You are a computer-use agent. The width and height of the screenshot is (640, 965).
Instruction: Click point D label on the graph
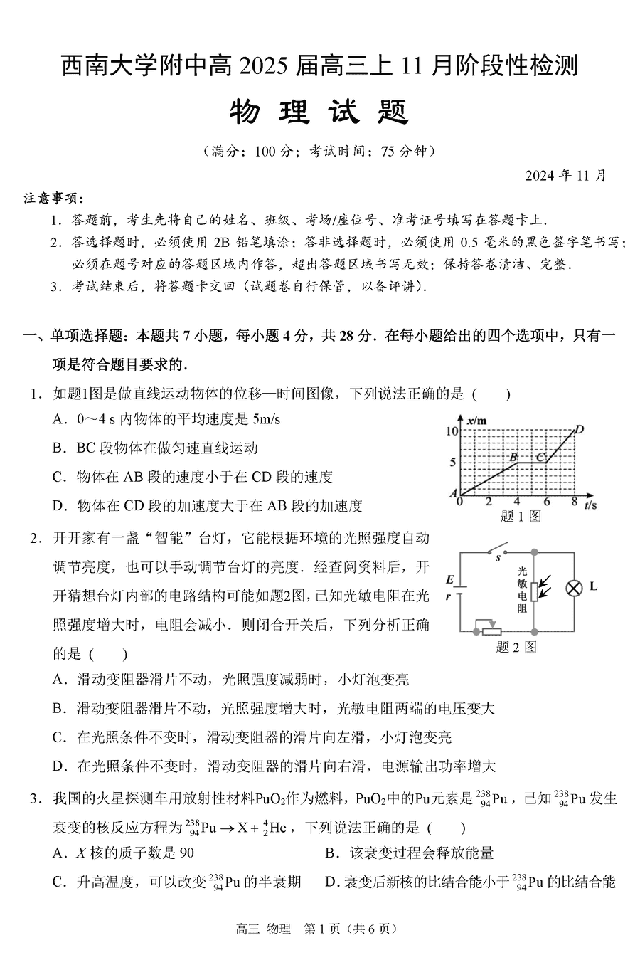580,429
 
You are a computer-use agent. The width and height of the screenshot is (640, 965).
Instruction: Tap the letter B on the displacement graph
513,455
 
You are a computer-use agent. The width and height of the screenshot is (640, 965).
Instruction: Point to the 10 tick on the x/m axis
452,431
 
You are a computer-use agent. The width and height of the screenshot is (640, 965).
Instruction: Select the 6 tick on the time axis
546,502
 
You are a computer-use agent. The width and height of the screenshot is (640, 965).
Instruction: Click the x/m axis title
476,421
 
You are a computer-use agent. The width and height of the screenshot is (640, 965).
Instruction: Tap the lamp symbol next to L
573,588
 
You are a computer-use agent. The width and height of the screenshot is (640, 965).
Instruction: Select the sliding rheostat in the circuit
489,629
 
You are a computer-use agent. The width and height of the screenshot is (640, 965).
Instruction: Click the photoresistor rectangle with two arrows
535,590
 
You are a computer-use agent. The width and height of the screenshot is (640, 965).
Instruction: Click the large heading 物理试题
319,112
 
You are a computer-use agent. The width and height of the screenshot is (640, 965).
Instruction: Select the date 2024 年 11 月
566,176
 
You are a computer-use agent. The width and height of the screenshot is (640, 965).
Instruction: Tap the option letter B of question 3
331,853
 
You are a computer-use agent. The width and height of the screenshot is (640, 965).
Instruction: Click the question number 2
33,538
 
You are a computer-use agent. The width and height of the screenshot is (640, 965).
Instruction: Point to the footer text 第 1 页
319,929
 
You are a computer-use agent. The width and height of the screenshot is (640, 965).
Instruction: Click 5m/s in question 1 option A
266,419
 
